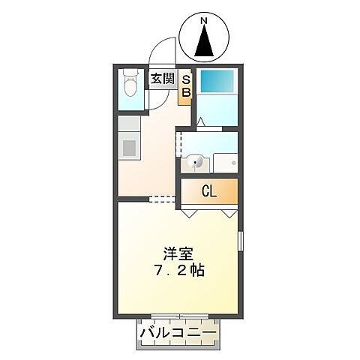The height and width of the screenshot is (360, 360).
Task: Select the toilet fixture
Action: tap(130, 82)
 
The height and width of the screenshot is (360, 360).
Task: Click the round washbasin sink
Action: tap(195, 161)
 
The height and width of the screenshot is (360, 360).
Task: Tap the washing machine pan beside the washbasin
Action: tap(224, 161)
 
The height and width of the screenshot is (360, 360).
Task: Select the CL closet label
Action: tap(209, 191)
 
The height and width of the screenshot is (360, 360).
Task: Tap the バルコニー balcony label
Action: tap(178, 332)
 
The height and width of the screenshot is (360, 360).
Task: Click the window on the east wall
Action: tap(240, 242)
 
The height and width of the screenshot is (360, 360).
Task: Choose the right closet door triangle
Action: tap(229, 213)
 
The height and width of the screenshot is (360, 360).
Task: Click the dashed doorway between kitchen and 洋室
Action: tap(163, 199)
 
